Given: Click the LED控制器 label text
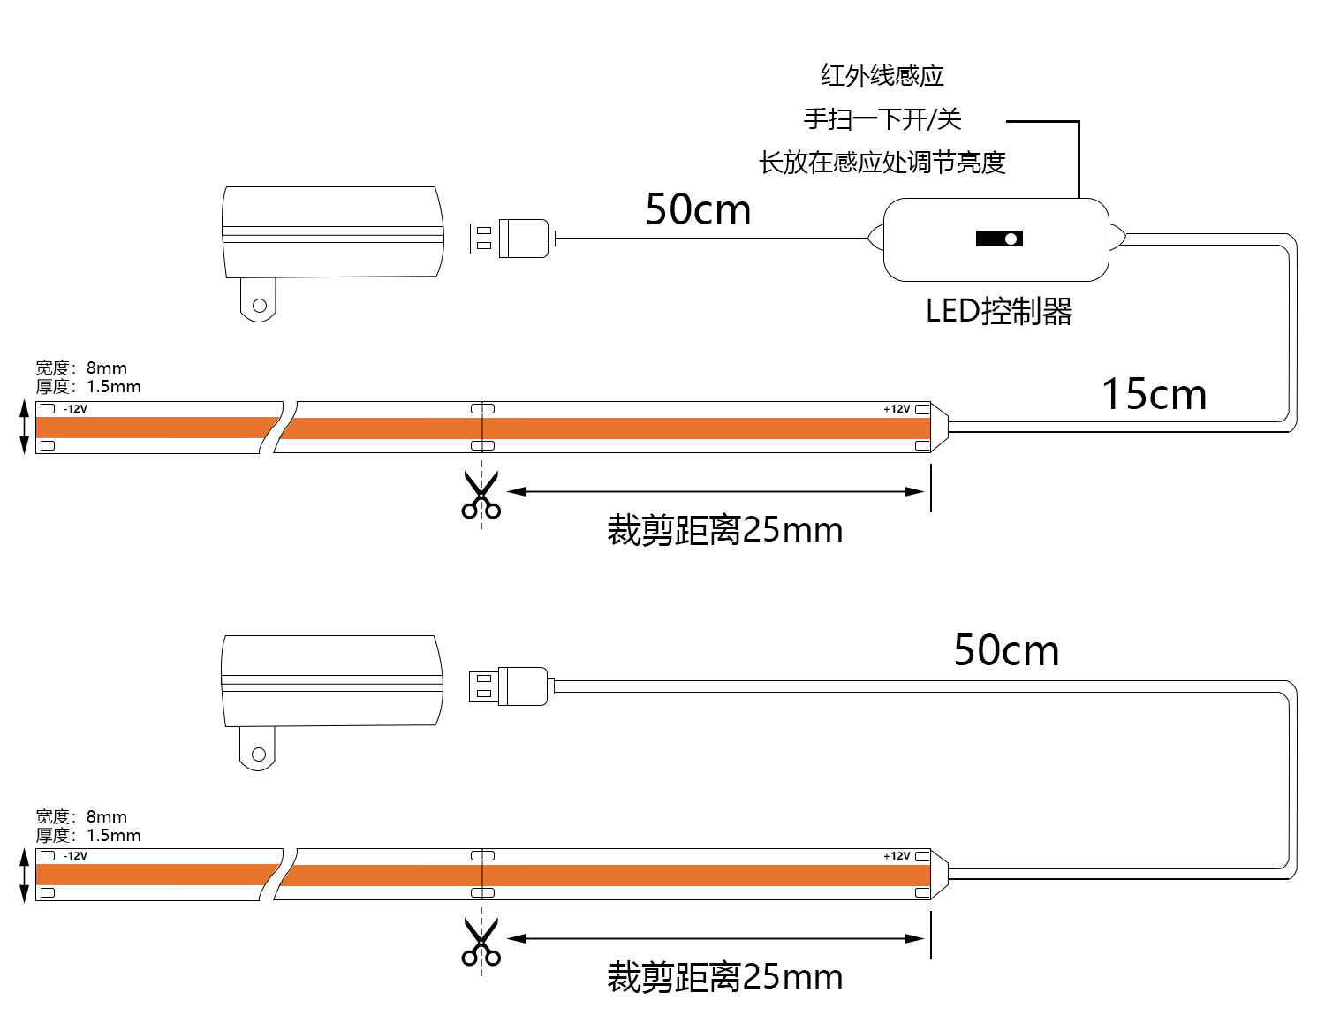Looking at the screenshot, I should (999, 311).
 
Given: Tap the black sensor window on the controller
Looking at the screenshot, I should (999, 239).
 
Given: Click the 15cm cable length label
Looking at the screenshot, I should (1154, 394).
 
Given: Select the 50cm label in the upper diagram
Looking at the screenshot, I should (698, 210).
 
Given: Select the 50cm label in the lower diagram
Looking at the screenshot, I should (1006, 650).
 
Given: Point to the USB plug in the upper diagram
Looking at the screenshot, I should (511, 239).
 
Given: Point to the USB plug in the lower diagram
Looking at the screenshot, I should (511, 686).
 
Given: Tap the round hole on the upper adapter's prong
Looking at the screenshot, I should (260, 306).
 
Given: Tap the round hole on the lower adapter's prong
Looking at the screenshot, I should (259, 754).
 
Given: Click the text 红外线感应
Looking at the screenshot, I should (882, 76).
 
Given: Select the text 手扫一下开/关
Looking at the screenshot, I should (882, 118).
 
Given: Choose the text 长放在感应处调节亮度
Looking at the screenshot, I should (882, 163).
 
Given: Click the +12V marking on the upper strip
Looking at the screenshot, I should (897, 409).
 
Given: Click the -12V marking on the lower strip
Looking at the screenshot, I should (75, 856).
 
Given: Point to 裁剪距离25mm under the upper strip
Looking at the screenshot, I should (724, 530).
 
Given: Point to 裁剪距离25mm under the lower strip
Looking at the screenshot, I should (724, 977).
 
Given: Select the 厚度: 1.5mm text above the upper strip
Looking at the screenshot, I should (88, 387).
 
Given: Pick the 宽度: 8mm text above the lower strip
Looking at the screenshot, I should (81, 816).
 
